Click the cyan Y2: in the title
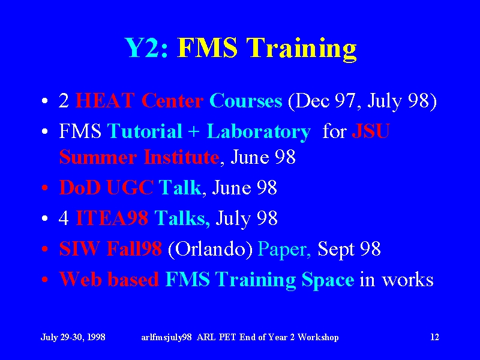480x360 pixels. tap(146, 48)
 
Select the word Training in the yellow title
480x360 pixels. tap(302, 50)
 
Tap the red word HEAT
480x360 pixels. tap(104, 100)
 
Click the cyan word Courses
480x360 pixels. tap(246, 100)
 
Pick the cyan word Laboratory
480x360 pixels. tap(259, 131)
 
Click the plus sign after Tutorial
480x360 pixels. tap(194, 132)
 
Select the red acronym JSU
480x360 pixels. tap(371, 131)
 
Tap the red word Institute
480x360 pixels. tap(182, 157)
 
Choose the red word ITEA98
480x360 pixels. tap(112, 218)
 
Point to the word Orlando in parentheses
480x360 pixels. tap(211, 248)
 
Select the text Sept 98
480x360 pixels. tap(349, 249)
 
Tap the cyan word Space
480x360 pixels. tap(328, 280)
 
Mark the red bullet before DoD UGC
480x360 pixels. tap(44, 187)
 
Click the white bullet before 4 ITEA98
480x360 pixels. tap(44, 218)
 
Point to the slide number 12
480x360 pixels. tap(434, 337)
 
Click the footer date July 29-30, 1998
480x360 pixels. tap(73, 337)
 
